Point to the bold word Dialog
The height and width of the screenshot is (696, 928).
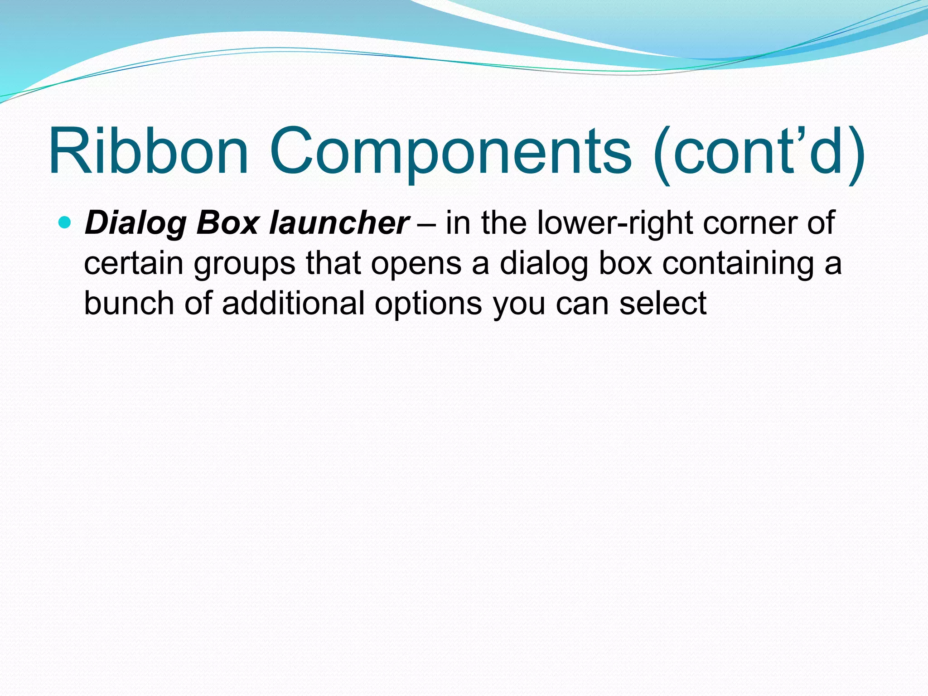tap(135, 224)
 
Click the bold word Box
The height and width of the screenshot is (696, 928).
tap(227, 223)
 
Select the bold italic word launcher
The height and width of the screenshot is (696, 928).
tap(339, 223)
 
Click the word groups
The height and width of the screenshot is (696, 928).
tap(245, 265)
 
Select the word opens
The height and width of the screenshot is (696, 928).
tap(416, 265)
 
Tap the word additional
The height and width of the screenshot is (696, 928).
tap(293, 303)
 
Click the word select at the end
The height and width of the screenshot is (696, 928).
tap(662, 303)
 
